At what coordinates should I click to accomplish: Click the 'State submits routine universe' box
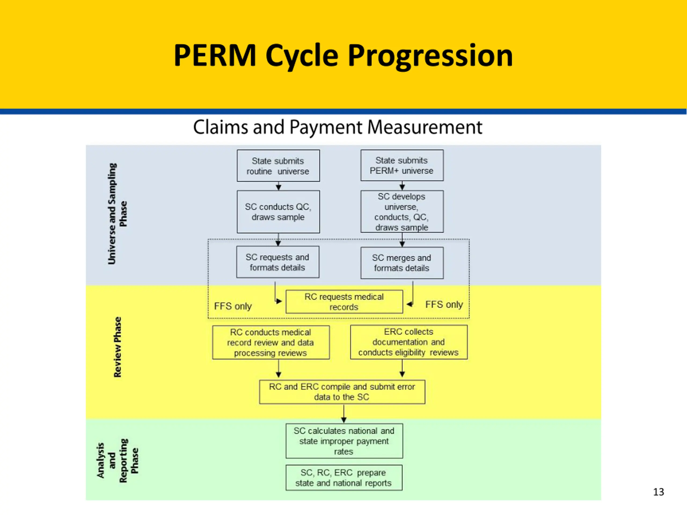(278, 166)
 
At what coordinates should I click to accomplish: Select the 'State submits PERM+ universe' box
(402, 165)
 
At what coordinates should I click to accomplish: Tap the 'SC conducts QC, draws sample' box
(278, 212)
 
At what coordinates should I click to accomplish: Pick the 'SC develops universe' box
(402, 211)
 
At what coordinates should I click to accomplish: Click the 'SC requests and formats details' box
(278, 262)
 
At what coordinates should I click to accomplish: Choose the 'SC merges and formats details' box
(402, 263)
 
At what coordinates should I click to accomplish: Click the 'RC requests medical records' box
(344, 302)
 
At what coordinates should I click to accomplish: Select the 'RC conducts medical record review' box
(271, 343)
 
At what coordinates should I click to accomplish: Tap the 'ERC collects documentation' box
(409, 342)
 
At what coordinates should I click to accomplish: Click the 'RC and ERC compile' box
(342, 392)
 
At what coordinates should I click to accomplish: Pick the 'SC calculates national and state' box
(344, 441)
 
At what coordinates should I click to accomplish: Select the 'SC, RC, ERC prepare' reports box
(344, 478)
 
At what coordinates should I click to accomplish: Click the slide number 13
(659, 492)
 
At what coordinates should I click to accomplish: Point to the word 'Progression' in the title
(430, 56)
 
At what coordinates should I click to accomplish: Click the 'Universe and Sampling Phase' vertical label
(117, 214)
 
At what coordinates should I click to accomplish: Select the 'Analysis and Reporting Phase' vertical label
(117, 460)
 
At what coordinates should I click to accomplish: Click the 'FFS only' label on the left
(233, 306)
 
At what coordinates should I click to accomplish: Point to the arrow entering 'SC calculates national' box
(344, 414)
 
